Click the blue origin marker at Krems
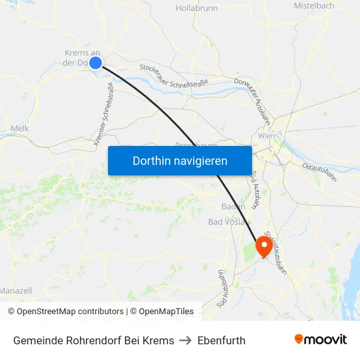96,63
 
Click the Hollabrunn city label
196,9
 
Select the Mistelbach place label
314,6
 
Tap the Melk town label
20,129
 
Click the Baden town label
234,206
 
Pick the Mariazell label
16,290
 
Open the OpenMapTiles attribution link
162,312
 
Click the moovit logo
321,339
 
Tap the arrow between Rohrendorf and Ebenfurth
186,340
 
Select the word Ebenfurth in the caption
221,340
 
